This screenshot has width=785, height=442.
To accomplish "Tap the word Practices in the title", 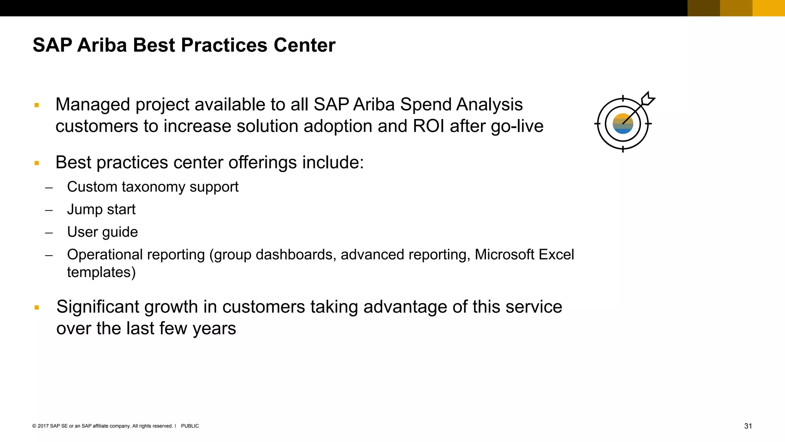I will coord(224,45).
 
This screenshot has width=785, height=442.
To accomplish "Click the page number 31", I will coord(748,426).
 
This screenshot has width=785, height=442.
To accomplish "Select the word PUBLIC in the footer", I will coord(190,426).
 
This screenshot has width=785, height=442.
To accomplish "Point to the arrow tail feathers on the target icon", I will coord(648,99).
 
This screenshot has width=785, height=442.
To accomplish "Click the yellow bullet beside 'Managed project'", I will coord(37,105).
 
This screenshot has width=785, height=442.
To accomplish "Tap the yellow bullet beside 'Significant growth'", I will coord(37,307).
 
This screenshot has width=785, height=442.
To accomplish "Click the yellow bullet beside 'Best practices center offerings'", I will coord(37,163).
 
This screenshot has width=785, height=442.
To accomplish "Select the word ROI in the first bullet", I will coord(429,126).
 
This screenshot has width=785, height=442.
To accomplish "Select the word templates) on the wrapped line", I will coord(101,272).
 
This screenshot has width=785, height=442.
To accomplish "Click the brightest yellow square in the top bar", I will coord(769,8).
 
